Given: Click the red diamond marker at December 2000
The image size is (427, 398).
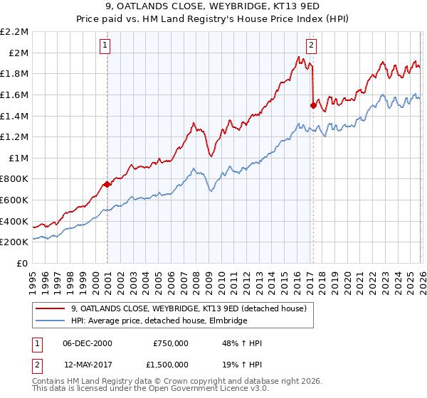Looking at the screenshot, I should (107, 184).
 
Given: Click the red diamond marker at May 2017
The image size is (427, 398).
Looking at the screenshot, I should (312, 105).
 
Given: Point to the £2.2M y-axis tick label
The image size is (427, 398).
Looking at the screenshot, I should (15, 32).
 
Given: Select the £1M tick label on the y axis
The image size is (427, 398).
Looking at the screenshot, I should (19, 158).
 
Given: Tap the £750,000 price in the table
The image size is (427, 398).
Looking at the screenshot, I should (171, 343).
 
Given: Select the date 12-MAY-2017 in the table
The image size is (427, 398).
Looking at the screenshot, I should (88, 363).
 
